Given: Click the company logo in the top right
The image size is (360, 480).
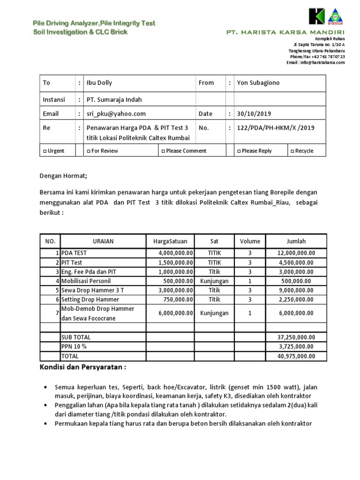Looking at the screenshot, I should click(x=326, y=17).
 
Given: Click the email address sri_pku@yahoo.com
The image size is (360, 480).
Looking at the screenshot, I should click(x=116, y=113).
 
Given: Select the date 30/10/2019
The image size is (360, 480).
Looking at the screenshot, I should click(x=254, y=113).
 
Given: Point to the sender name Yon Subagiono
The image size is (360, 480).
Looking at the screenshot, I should click(x=258, y=82).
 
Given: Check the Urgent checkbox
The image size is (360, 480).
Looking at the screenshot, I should click(x=45, y=151).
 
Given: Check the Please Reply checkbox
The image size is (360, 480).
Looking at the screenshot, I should click(x=240, y=151).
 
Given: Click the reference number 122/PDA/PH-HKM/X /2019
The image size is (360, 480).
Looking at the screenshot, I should click(x=276, y=127).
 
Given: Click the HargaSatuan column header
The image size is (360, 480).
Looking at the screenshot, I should click(x=170, y=241).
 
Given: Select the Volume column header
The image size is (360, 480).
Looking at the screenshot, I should click(x=250, y=241).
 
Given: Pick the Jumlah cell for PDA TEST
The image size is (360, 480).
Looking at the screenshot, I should click(x=296, y=253).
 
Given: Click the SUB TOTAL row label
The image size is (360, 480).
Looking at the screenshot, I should click(x=76, y=337).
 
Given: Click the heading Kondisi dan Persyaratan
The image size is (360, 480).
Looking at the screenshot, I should click(x=82, y=367).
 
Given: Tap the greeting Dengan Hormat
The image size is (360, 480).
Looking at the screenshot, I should click(x=63, y=176).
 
